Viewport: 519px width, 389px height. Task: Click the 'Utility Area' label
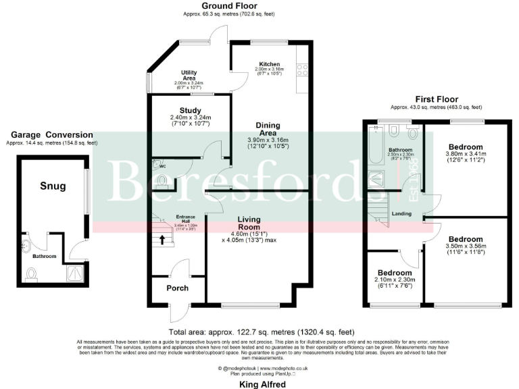pos(189,74)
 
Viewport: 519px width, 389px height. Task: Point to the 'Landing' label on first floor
pos(402,215)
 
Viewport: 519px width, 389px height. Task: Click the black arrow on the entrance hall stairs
pos(162,238)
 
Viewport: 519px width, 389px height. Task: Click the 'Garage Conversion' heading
pos(49,135)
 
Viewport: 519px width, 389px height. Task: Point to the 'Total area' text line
pos(262,332)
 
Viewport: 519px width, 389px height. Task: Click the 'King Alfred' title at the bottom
pos(264,384)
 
